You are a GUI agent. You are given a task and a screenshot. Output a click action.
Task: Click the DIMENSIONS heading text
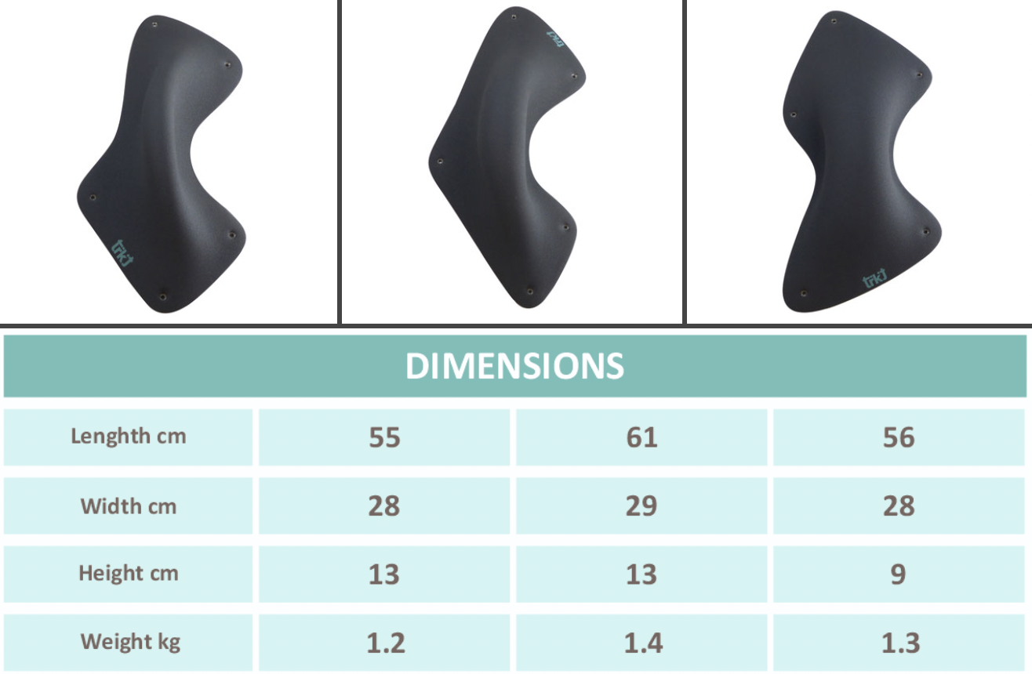pos(514,366)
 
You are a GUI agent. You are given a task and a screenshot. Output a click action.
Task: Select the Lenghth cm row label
pos(129,436)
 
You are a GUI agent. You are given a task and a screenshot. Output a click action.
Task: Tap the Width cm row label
pos(129,506)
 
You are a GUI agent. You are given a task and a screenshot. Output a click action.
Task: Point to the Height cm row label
pos(129,574)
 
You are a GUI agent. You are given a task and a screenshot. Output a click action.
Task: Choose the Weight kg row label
pos(130,642)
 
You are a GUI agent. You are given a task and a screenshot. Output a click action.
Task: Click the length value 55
pos(384,437)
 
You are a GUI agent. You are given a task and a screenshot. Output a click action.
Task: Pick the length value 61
pos(641,437)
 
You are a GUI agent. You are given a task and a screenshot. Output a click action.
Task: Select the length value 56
pos(899,437)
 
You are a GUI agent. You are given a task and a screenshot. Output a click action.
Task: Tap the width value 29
pos(641,506)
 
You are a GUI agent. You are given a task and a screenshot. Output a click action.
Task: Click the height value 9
pos(899,574)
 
